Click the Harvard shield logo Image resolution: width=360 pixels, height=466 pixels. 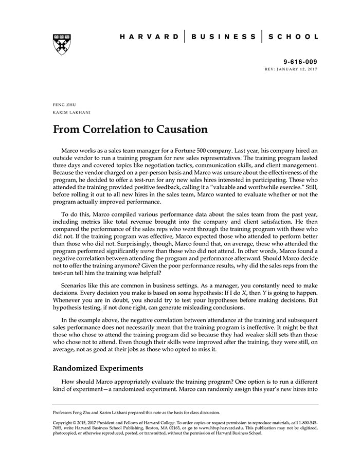click(62, 44)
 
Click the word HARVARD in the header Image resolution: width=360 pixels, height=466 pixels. click(149, 37)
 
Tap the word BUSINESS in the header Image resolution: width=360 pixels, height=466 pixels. click(223, 37)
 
